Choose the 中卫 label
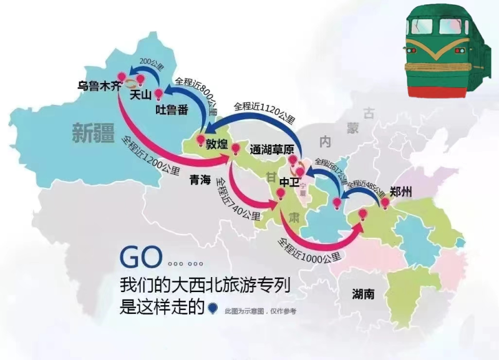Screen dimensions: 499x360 [x=290, y=182]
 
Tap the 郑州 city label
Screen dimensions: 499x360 [x=400, y=192]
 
